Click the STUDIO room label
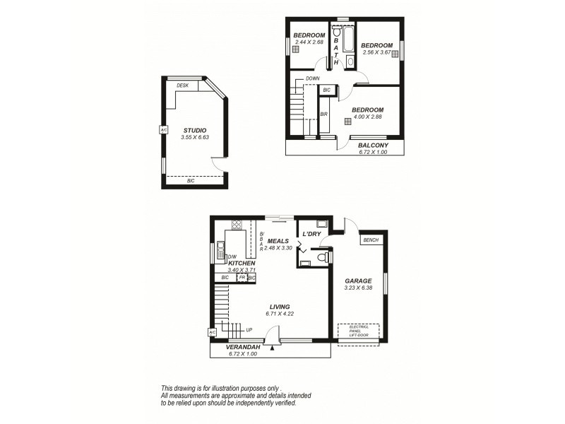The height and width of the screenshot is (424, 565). point(194,130)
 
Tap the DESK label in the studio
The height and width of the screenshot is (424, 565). point(182,86)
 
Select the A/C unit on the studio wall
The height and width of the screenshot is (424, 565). point(163,130)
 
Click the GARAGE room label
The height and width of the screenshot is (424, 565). point(358,281)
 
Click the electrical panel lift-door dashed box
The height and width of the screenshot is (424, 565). point(358,330)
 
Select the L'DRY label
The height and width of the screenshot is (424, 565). point(312,234)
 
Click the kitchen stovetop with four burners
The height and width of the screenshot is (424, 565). point(237,227)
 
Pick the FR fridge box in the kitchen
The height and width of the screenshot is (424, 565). point(241,278)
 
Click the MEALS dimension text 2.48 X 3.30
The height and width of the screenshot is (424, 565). point(278,248)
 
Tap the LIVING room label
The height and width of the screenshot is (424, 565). point(279,306)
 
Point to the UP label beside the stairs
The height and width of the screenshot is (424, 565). point(249,329)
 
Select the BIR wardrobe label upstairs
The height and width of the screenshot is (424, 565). point(323,114)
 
